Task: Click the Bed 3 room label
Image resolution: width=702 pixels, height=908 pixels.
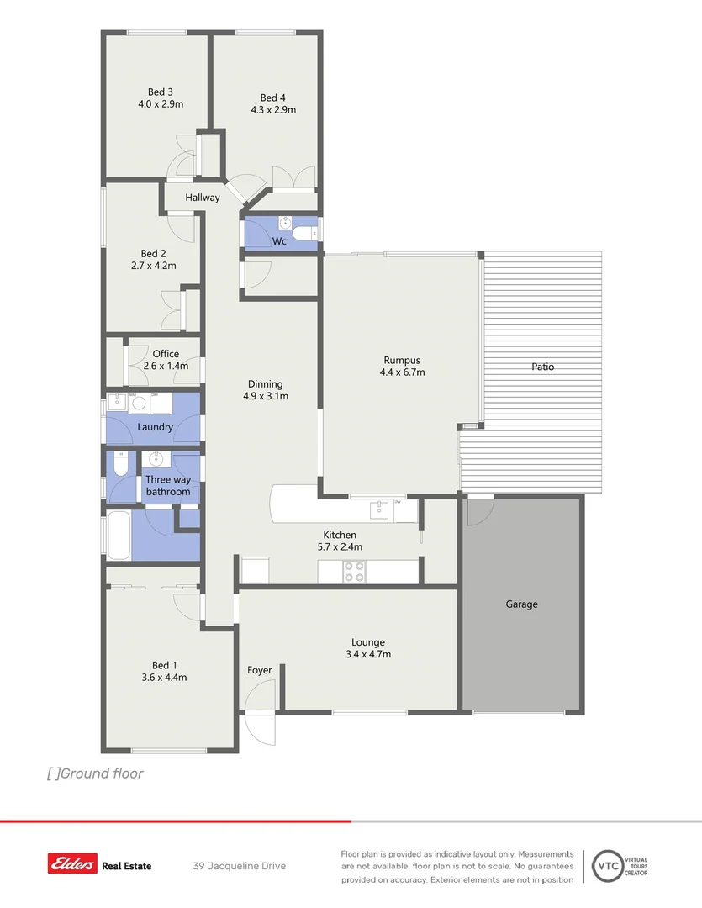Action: coord(161,92)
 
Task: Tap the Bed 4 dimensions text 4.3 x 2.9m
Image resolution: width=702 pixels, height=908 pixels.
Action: coord(273,109)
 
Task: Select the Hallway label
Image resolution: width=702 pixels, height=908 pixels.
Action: coord(203,198)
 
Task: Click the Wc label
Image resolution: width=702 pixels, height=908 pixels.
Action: coord(279,241)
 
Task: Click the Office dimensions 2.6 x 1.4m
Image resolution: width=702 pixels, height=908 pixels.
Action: coord(166,366)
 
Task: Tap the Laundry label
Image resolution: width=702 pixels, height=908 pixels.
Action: coord(155,427)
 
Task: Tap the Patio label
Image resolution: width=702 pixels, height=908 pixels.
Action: coord(542,367)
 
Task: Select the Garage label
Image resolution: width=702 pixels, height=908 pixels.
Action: coord(521,604)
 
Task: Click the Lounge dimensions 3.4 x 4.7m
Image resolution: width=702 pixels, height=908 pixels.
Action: coord(368,654)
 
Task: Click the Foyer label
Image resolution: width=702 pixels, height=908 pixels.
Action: coord(259,670)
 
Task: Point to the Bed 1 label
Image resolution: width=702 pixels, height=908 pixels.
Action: coord(165,664)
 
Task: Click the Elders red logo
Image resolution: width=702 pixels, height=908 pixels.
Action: coord(72,863)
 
